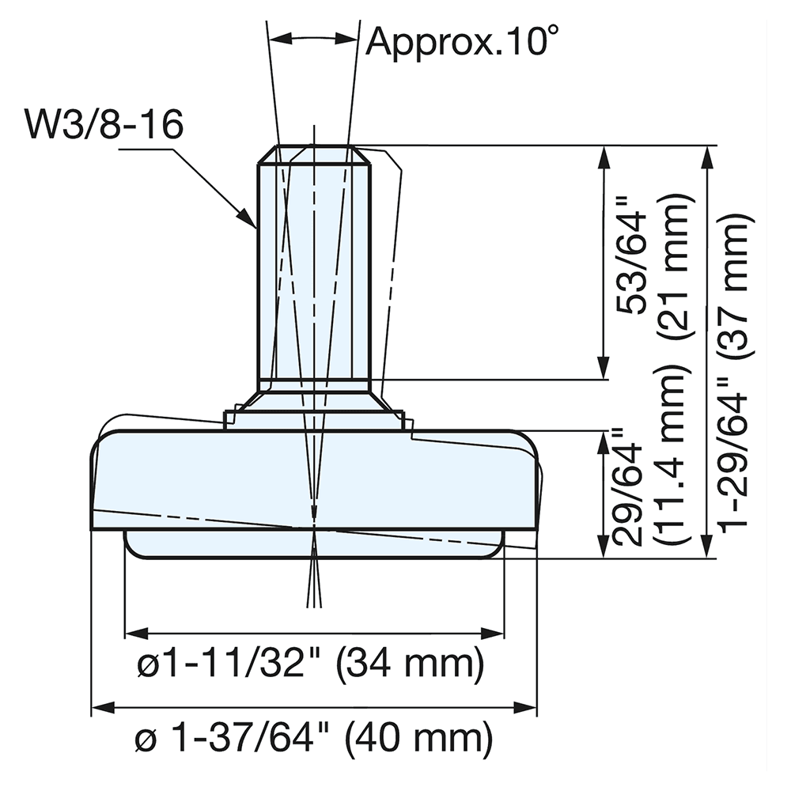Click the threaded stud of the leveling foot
[314, 261]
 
